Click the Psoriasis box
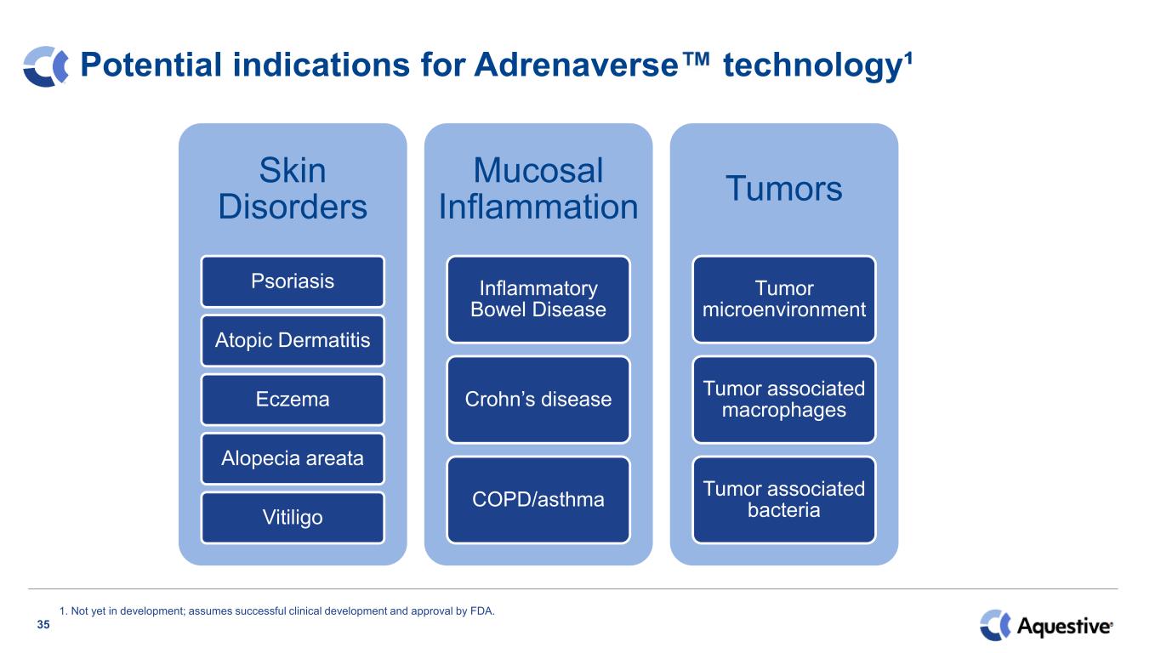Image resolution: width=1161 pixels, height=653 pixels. coord(293,281)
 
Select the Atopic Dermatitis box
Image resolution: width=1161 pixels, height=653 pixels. coord(293,340)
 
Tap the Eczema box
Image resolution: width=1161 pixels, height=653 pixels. coord(293,400)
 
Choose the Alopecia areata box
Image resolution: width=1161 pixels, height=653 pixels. coord(293,458)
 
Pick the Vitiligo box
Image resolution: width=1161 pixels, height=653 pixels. coord(293,518)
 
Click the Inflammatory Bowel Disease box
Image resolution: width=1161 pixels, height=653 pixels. coord(538,299)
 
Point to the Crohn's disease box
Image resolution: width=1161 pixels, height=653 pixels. coord(538,400)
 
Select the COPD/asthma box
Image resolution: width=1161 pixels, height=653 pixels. coord(538,500)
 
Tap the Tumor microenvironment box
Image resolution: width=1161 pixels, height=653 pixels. coord(784,299)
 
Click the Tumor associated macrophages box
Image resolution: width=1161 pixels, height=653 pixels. coord(784,400)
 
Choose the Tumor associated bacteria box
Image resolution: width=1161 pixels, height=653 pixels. coord(784,500)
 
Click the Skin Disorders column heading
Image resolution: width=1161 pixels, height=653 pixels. coord(293,188)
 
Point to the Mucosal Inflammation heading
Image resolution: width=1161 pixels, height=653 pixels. coord(538,188)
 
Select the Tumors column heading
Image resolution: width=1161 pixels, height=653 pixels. coord(784,188)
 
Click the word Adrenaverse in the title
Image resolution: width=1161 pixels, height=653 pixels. coord(576,65)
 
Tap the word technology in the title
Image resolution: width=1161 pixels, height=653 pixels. coord(813,67)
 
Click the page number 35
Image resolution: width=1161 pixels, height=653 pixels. coord(43,624)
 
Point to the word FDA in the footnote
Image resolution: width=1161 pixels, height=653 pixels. coord(481,611)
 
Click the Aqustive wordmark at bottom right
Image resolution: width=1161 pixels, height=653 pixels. coord(1065,626)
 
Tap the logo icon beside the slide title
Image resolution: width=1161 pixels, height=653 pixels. coord(46,66)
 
